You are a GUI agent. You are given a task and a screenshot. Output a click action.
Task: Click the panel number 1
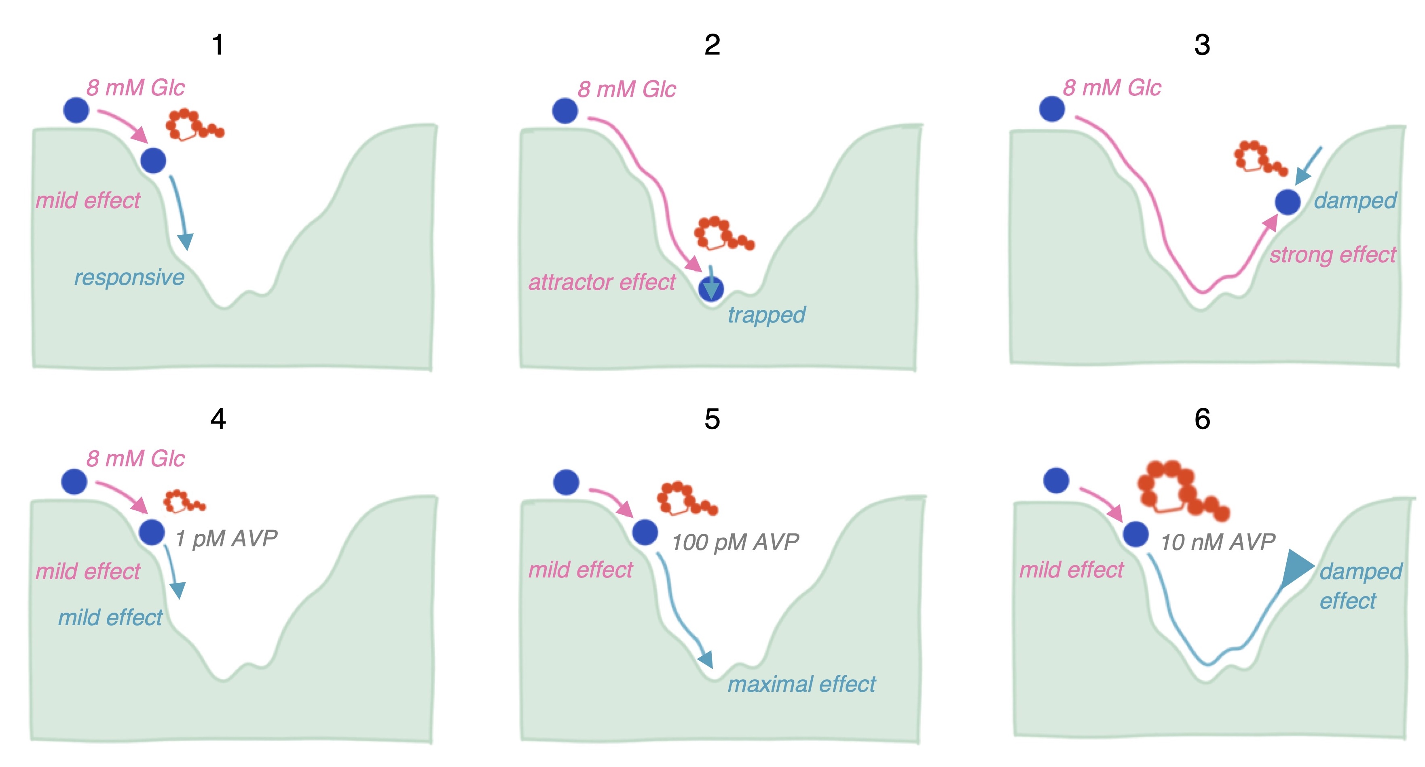(218, 44)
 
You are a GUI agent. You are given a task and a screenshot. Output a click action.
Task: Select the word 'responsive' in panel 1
(129, 277)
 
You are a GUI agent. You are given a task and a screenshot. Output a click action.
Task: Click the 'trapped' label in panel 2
(766, 315)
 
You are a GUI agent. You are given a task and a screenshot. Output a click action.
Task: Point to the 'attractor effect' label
(601, 282)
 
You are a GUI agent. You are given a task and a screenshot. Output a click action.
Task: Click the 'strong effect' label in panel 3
(1332, 255)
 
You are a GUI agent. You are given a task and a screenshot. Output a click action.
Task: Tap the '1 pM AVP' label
(226, 538)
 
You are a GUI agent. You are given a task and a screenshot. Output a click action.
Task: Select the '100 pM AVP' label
(735, 542)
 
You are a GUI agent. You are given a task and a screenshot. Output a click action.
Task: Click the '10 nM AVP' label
(1218, 542)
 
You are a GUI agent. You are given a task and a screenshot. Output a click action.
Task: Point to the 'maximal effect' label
(801, 684)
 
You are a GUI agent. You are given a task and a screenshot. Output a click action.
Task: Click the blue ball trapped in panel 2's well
(710, 289)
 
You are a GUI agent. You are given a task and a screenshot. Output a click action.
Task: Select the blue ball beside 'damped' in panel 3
(1287, 202)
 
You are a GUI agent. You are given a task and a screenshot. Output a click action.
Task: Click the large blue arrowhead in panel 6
(1296, 568)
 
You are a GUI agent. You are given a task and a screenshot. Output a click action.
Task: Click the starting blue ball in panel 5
(565, 482)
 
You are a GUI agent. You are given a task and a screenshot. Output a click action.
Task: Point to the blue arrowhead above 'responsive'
(186, 242)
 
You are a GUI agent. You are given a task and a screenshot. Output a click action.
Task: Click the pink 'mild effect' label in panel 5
(580, 569)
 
